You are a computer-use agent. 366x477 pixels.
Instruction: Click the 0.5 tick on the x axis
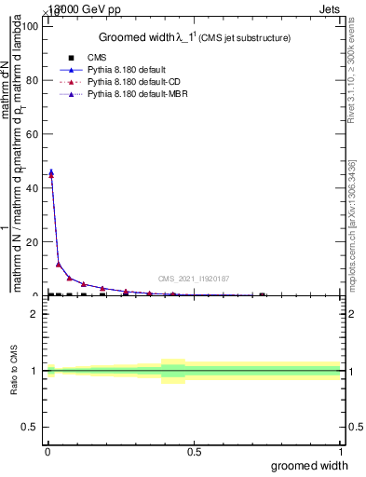[x=194, y=453]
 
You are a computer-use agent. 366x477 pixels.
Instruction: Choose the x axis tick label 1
[x=340, y=453]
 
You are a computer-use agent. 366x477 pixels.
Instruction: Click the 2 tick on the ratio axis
[x=36, y=314]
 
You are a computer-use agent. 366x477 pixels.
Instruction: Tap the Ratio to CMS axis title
[x=15, y=371]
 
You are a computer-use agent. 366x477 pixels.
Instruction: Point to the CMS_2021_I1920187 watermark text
[x=193, y=279]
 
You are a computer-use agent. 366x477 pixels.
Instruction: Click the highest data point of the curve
[x=50, y=172]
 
